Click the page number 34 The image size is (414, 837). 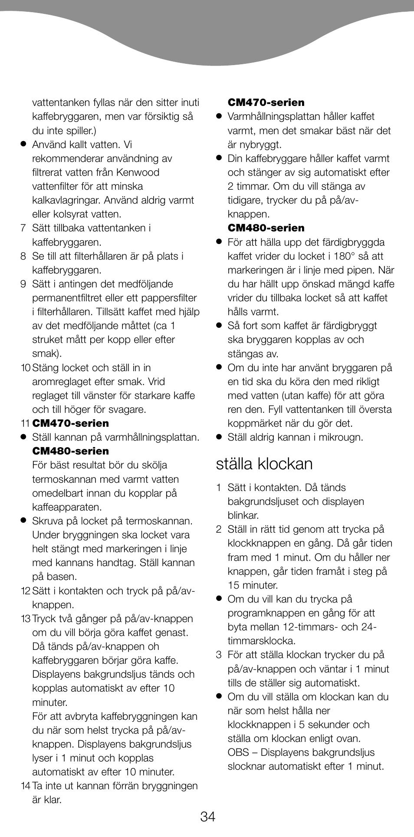coord(207,817)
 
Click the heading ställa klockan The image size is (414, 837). coord(264,464)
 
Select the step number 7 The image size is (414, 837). coord(23,228)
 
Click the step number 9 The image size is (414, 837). coord(23,284)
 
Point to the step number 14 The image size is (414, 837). coord(25,786)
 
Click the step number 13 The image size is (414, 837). coord(25,619)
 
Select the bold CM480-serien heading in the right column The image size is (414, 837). coord(266,228)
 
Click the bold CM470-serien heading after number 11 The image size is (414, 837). coord(70,423)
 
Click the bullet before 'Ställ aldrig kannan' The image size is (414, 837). coord(219,437)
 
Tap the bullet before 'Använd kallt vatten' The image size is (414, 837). coord(23,145)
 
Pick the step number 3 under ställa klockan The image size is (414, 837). coord(219,655)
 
